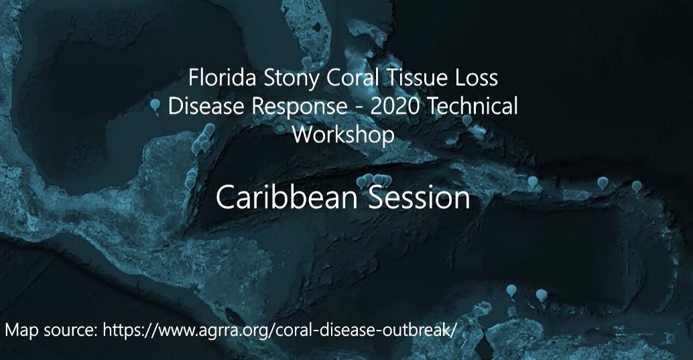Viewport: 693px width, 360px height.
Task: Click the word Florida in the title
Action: (223, 78)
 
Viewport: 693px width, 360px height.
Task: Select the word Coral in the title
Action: (353, 78)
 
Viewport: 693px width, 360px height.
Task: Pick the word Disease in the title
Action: (206, 106)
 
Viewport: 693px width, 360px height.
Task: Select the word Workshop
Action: (343, 135)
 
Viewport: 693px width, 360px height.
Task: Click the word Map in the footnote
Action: (21, 331)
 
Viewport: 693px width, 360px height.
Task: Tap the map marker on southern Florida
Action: (307, 63)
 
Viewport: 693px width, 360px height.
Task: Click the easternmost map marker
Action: (637, 187)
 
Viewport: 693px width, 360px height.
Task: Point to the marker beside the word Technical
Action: (466, 120)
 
